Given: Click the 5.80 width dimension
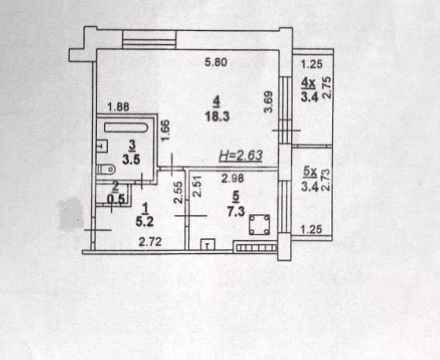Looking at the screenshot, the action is point(216,63).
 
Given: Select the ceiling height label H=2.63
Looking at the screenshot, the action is point(240,156).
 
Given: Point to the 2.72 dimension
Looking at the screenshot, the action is point(150,242).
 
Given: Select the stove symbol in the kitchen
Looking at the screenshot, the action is point(259,224).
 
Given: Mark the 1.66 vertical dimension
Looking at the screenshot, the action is point(165,130).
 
